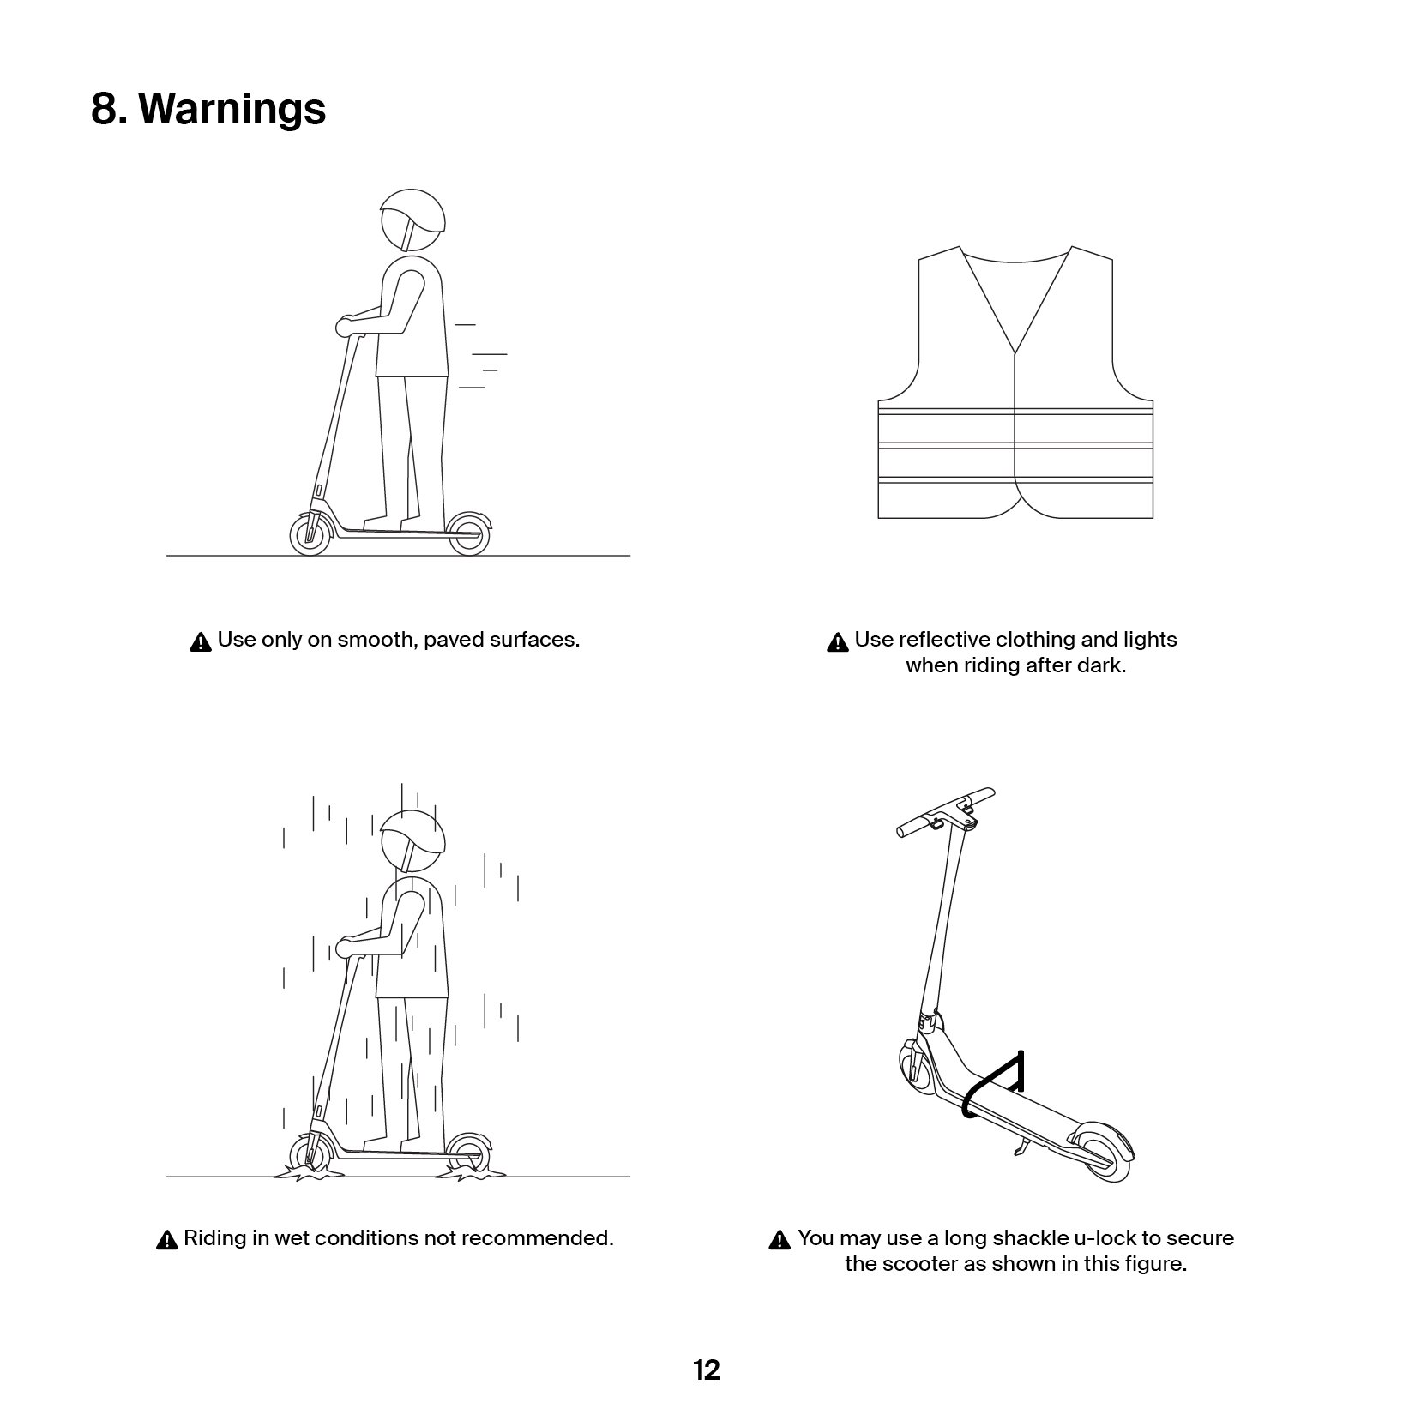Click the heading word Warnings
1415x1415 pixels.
(x=232, y=109)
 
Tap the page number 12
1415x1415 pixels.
(x=707, y=1370)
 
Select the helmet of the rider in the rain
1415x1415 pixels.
(x=413, y=834)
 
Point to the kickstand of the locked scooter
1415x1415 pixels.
(x=1020, y=1150)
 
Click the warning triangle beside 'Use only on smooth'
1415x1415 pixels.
(x=200, y=641)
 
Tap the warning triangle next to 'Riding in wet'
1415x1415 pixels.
(x=167, y=1240)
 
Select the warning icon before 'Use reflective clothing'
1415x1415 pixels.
(x=837, y=641)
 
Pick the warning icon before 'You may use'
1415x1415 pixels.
(x=780, y=1240)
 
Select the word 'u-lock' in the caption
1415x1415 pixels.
(x=1105, y=1238)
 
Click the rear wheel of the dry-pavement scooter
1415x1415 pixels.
(x=467, y=533)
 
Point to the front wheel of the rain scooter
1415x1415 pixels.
(x=310, y=1155)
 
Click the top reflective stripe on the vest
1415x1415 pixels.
(x=1015, y=412)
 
